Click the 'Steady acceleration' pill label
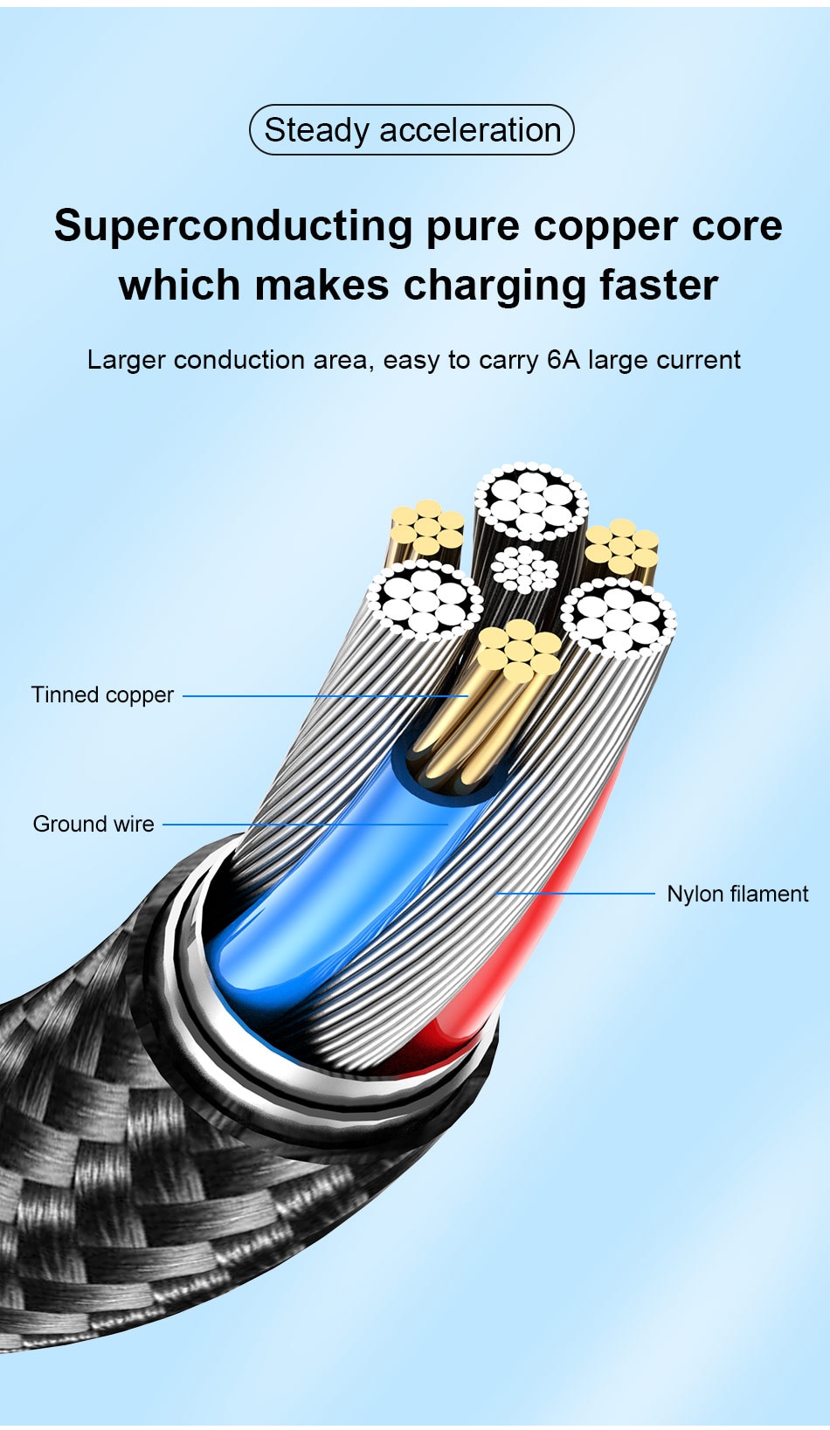(412, 130)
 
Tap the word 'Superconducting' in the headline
(232, 226)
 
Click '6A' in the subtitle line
(563, 360)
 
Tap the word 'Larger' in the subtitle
(126, 360)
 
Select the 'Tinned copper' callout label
(102, 695)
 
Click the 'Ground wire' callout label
(93, 824)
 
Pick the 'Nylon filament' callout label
(737, 894)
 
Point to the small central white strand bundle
(524, 570)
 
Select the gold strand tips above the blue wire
(519, 650)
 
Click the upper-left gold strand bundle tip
(427, 527)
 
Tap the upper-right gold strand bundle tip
(621, 547)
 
